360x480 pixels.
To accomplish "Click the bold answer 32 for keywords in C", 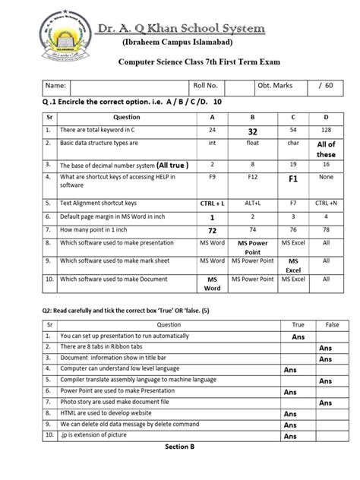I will click(x=251, y=131).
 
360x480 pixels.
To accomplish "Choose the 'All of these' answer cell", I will click(x=326, y=149).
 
